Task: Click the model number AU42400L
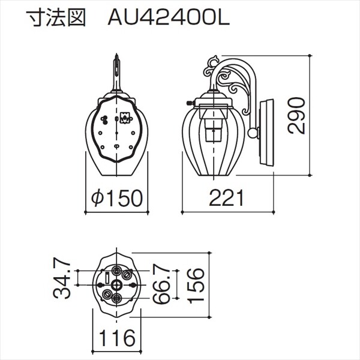point(167,19)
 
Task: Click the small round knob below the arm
point(254,133)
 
